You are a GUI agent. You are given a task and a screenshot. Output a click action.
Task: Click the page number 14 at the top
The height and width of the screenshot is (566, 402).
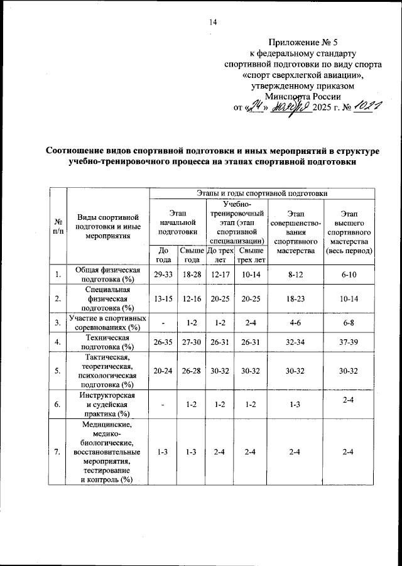pos(212,23)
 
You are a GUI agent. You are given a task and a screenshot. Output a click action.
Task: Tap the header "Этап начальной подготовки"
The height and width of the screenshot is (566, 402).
pos(178,222)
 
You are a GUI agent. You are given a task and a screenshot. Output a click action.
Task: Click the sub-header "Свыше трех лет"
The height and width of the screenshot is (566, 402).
pos(251,254)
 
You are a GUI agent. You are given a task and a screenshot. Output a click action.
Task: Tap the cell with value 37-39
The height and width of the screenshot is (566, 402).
pos(349,342)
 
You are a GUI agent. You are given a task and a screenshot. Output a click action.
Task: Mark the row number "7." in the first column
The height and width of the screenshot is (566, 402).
pos(58,451)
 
